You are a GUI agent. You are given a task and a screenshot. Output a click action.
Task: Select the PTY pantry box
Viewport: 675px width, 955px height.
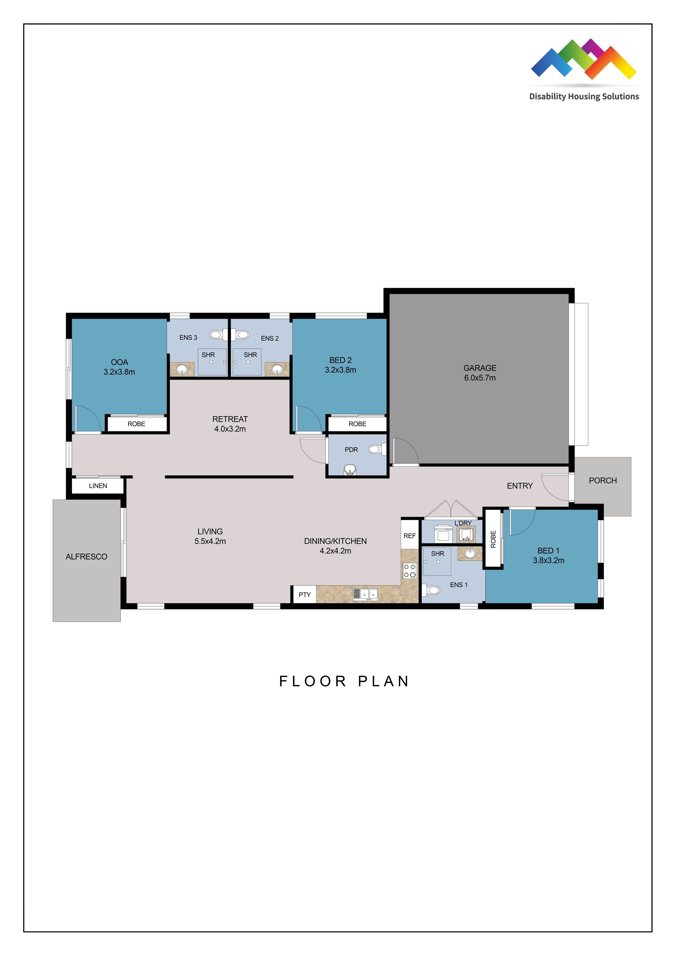pyautogui.click(x=304, y=594)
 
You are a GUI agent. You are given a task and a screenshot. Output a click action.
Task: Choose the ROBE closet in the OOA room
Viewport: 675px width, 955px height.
pyautogui.click(x=136, y=424)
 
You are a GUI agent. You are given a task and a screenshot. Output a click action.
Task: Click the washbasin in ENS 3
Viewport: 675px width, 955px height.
pyautogui.click(x=182, y=369)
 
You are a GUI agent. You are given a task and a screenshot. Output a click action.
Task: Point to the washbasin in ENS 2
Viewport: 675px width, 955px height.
pyautogui.click(x=277, y=369)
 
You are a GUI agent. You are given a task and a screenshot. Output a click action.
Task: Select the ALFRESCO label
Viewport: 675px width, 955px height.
pyautogui.click(x=87, y=557)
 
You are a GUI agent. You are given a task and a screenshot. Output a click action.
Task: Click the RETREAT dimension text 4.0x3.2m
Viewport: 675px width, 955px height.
pyautogui.click(x=230, y=429)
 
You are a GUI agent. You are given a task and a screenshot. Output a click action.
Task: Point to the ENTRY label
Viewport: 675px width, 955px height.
pyautogui.click(x=519, y=486)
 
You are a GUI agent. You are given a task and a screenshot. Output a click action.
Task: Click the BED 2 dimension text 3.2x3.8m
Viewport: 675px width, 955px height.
pyautogui.click(x=340, y=370)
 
